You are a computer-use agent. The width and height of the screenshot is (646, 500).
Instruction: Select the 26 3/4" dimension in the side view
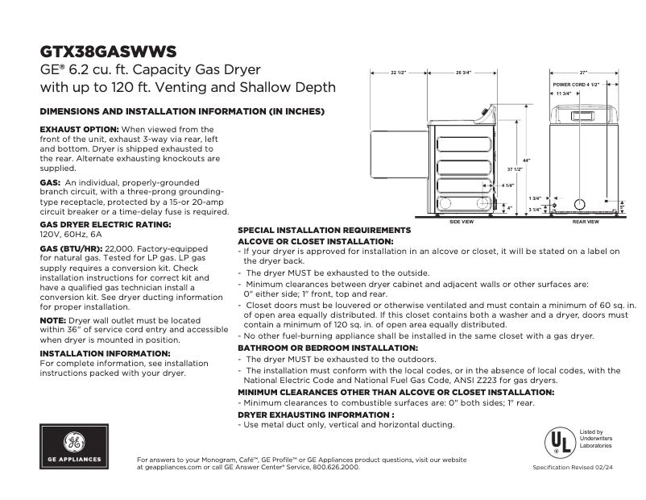462,73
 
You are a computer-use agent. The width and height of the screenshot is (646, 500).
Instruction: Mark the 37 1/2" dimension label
515,170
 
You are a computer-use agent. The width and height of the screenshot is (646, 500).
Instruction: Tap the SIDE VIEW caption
461,220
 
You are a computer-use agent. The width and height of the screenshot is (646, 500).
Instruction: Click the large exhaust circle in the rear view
580,204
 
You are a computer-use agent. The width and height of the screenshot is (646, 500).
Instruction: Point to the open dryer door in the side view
397,170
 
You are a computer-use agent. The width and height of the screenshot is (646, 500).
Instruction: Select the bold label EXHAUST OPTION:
80,129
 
